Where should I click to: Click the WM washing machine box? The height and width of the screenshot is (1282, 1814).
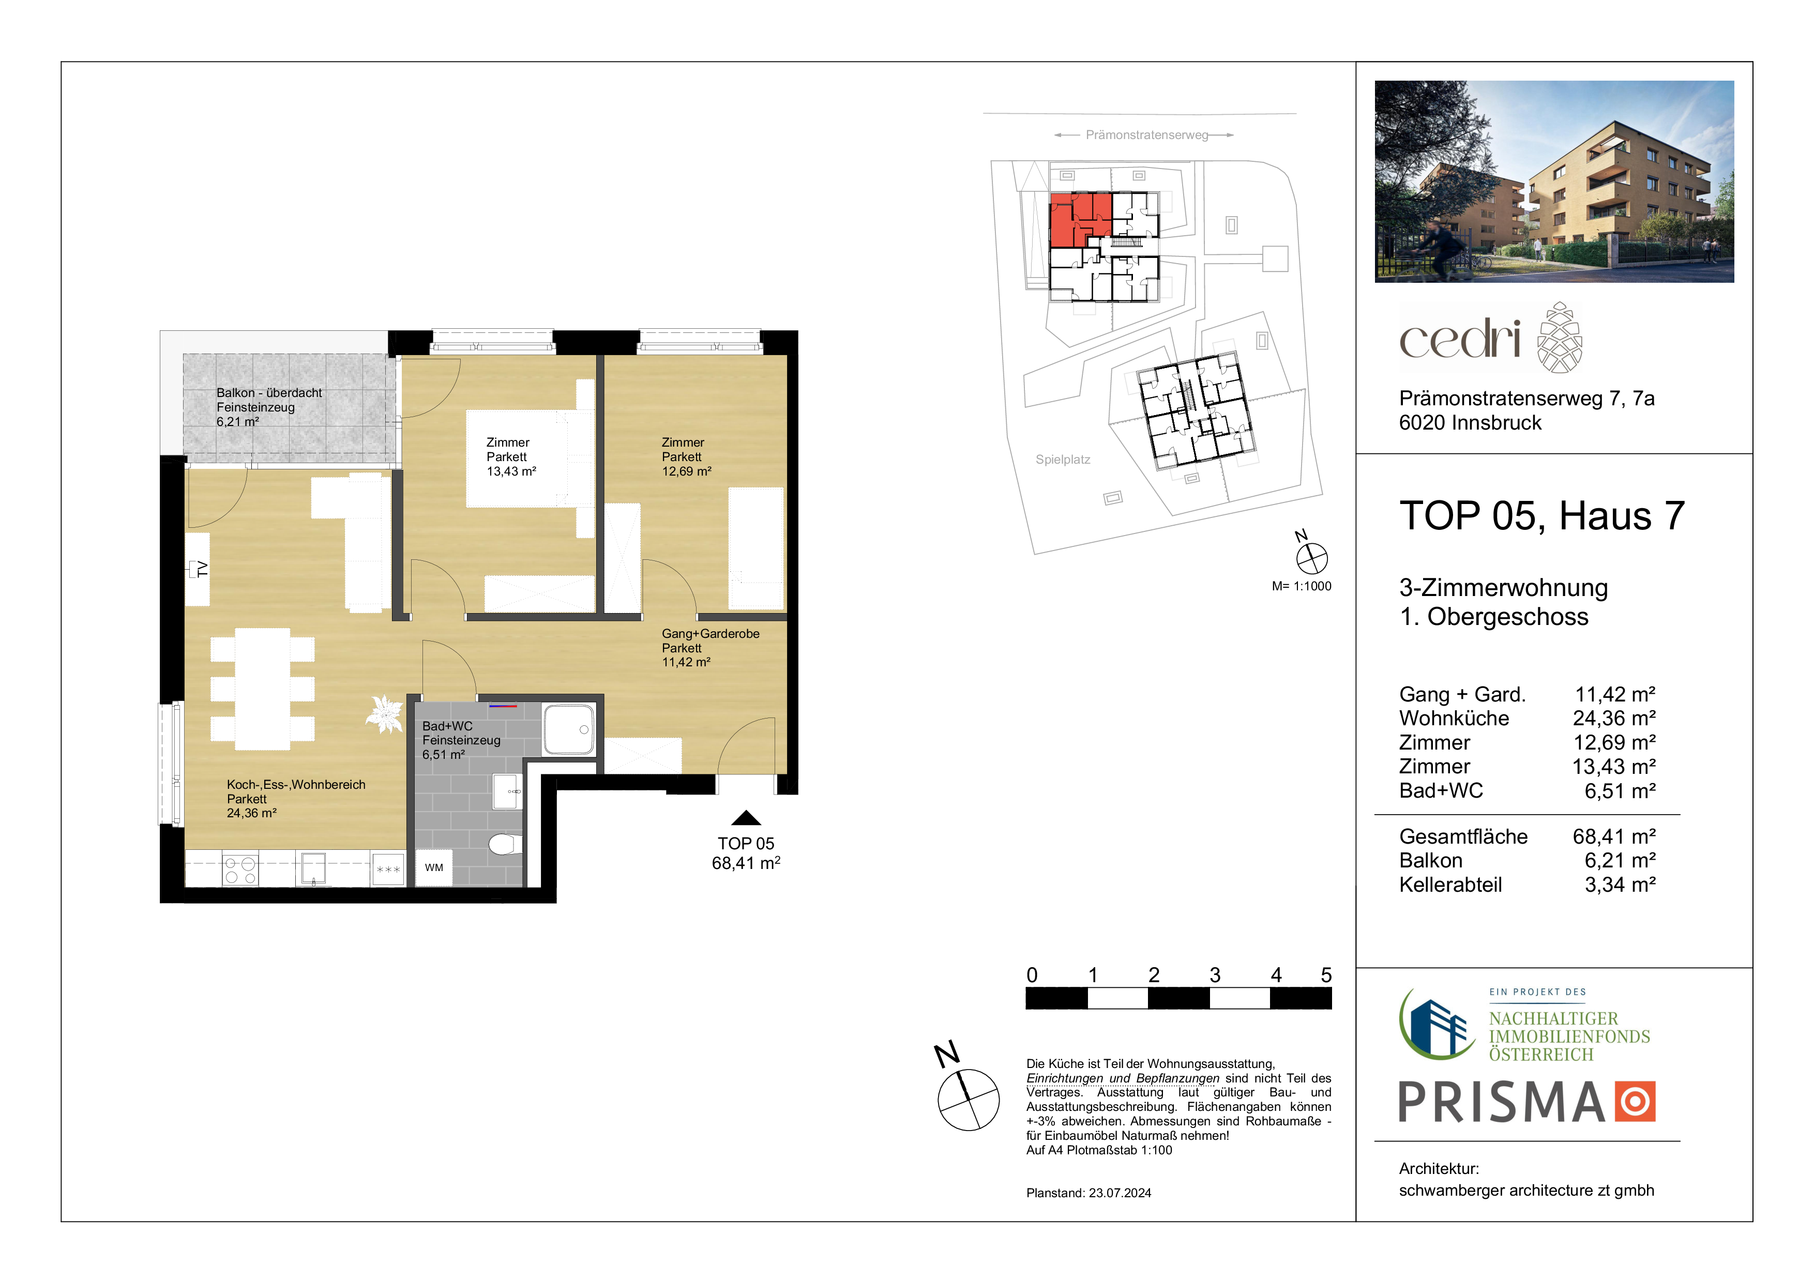(434, 867)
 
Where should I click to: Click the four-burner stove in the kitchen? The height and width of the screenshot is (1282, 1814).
(240, 869)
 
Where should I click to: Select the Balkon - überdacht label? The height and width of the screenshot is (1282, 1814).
(268, 392)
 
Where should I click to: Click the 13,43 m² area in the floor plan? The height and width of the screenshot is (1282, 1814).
(511, 471)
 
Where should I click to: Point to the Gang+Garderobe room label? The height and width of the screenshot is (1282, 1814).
(711, 633)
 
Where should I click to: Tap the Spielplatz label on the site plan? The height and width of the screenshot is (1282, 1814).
(1063, 460)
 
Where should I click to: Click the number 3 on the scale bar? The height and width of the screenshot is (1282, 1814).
(1215, 975)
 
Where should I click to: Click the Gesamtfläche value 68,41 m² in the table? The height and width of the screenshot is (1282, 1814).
(1614, 836)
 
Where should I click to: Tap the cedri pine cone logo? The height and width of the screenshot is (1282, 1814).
(1560, 337)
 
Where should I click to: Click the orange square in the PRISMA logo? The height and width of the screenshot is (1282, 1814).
(1635, 1101)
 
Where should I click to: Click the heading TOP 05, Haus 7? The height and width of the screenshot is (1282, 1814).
(1542, 516)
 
